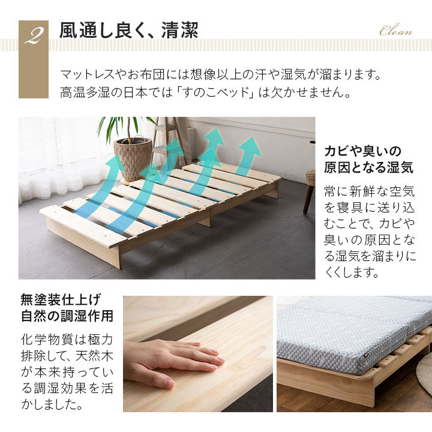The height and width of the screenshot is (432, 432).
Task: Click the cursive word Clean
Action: coord(396,31)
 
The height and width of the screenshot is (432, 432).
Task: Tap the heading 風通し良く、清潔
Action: coord(128,30)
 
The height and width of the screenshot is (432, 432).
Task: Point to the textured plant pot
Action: coord(133,159)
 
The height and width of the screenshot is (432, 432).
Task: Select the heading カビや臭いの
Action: coord(363,151)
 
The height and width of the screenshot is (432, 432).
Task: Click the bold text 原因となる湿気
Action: coord(368,167)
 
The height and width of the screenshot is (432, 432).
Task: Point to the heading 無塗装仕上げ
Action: coord(61,300)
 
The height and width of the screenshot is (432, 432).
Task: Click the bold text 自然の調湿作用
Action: coord(67,316)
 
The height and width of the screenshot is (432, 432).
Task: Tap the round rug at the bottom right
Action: coord(425,373)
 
